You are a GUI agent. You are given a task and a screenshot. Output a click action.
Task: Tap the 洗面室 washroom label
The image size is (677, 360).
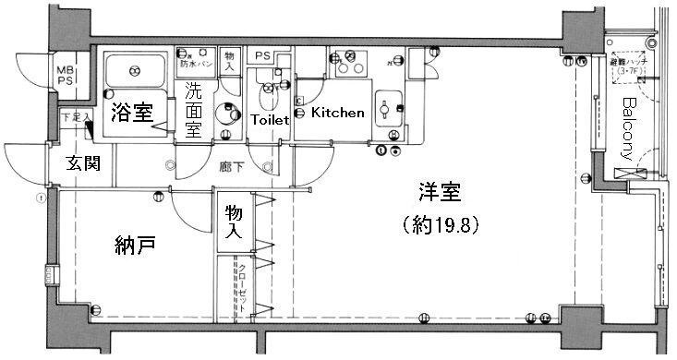coord(193,110)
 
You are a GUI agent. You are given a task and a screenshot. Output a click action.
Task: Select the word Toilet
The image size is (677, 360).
coord(270,119)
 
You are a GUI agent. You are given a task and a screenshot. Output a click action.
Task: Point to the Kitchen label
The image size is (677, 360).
coord(337,113)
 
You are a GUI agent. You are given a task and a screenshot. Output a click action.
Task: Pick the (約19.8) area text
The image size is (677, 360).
coord(440,223)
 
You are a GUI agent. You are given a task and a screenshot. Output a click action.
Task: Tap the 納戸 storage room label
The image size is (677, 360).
coord(134,246)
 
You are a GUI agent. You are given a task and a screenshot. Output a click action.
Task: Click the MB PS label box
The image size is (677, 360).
coord(67,74)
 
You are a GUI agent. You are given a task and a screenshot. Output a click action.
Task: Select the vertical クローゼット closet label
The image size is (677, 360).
coord(242,287)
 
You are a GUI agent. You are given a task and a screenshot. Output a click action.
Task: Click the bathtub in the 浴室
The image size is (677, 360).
coord(135,68)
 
